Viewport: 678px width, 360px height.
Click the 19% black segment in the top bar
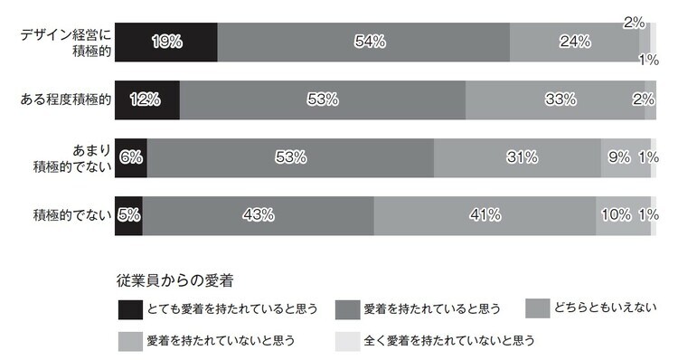tap(165, 42)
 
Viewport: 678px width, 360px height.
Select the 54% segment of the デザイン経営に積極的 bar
tap(363, 42)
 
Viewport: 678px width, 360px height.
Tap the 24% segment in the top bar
tap(574, 42)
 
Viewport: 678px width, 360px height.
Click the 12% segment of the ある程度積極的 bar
tap(146, 99)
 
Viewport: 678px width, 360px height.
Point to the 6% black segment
tap(130, 157)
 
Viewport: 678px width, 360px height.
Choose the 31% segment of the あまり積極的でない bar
tap(517, 157)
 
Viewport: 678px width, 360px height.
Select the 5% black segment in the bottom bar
tap(127, 215)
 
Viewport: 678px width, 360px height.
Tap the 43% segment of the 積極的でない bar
tap(258, 215)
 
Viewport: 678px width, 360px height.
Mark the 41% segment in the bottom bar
tap(484, 215)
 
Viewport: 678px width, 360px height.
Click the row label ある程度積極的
tap(65, 99)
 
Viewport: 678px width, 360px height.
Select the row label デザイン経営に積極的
tap(65, 43)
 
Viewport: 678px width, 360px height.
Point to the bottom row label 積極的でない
tap(71, 215)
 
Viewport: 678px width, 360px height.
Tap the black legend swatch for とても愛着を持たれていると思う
tap(129, 309)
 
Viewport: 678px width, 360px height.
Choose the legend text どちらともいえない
tap(607, 308)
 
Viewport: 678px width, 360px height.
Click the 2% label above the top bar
tap(633, 22)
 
